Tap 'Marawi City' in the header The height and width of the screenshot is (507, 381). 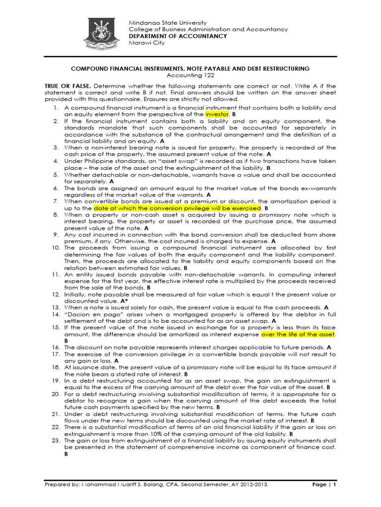[x=147, y=43]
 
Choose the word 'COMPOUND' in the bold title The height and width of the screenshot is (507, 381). [x=91, y=68]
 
